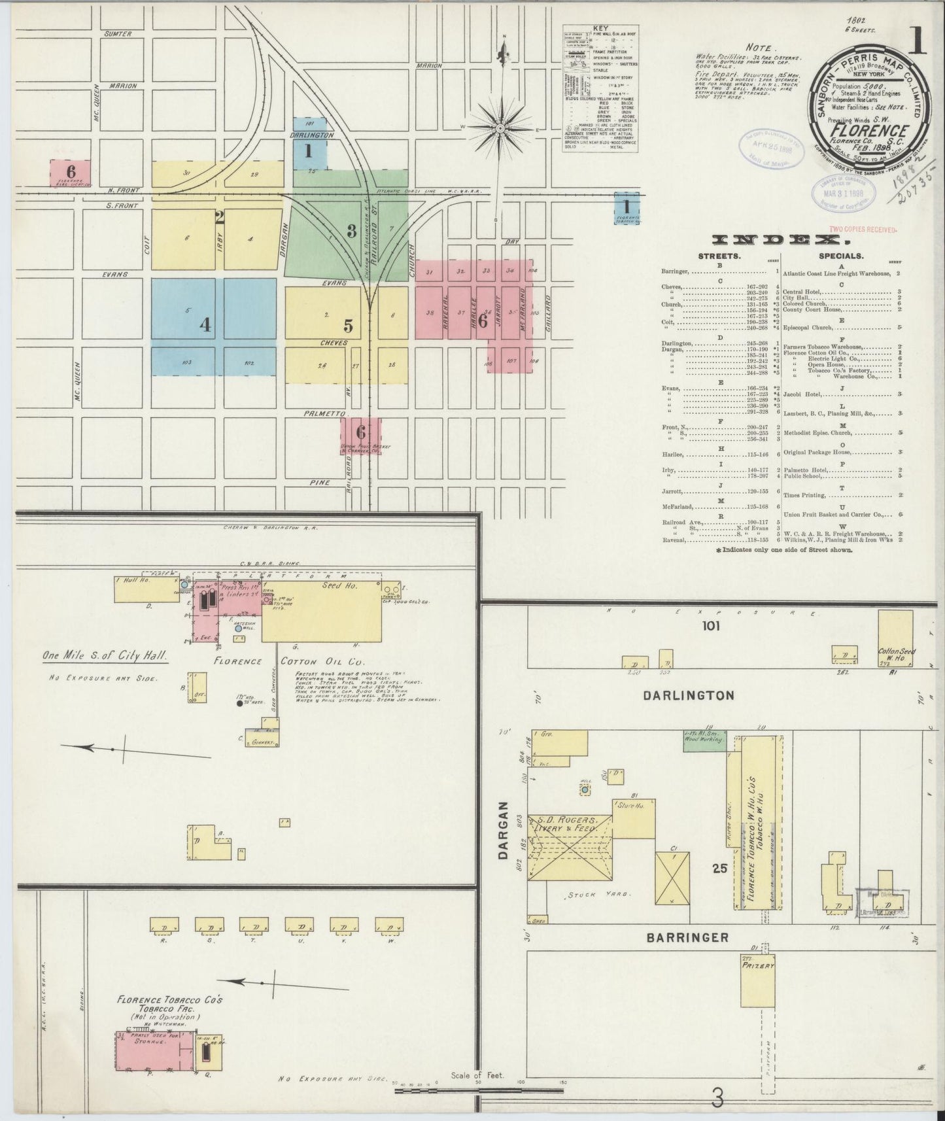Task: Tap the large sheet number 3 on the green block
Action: point(351,230)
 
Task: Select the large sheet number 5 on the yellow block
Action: point(348,325)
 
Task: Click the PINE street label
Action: point(320,483)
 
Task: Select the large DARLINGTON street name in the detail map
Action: point(688,695)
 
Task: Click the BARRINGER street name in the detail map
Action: point(687,937)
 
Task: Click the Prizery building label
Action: point(758,965)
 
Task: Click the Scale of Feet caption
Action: point(477,1075)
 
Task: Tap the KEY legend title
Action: point(600,28)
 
